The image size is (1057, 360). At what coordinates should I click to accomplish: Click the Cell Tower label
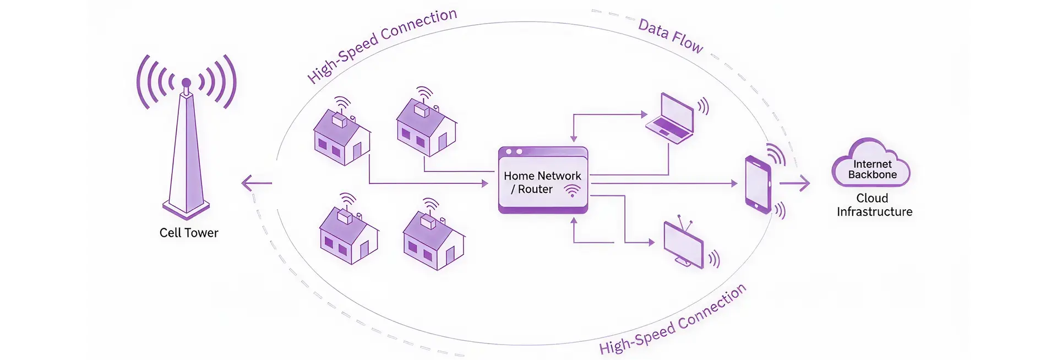click(189, 233)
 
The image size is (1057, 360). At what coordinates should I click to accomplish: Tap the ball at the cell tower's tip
click(186, 83)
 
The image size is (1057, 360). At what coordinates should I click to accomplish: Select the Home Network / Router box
click(543, 180)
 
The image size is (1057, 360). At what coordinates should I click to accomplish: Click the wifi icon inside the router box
click(572, 190)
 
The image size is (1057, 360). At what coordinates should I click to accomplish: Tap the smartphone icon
click(758, 184)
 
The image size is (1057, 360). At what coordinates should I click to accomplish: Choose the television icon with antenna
click(684, 244)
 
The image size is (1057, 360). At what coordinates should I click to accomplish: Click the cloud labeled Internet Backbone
click(871, 164)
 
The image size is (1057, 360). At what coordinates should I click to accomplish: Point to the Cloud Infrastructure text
click(874, 205)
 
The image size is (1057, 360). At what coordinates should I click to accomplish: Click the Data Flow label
click(670, 36)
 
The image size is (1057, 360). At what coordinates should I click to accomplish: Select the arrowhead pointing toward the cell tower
click(246, 183)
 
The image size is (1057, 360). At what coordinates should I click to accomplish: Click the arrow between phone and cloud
click(796, 183)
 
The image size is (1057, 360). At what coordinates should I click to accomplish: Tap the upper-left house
click(341, 135)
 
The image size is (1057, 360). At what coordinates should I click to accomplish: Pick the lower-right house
click(434, 239)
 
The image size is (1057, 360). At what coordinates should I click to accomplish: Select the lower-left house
click(348, 234)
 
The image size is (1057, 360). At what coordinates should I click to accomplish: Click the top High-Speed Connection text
click(381, 45)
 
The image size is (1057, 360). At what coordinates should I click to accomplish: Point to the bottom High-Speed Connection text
click(673, 320)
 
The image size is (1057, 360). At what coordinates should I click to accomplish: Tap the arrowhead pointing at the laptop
click(644, 114)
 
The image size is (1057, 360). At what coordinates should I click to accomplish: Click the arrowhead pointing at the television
click(651, 242)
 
